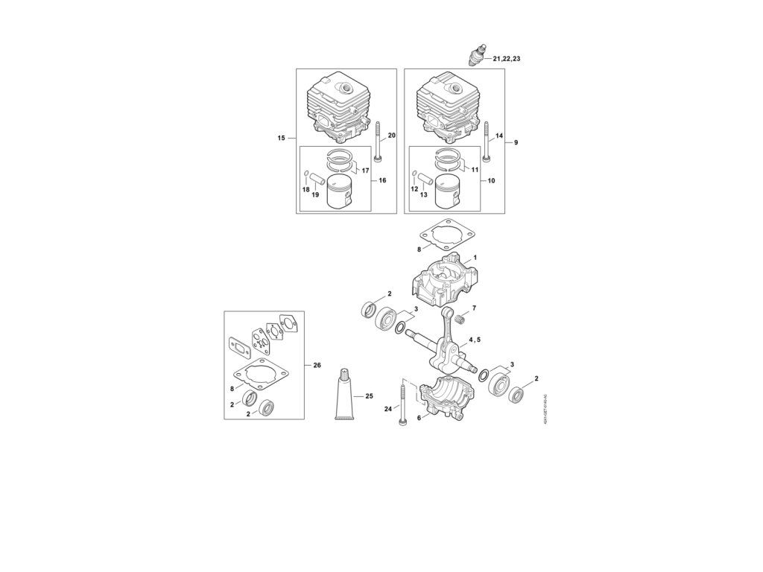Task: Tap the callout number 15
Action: tap(281, 138)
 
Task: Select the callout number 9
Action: tap(516, 142)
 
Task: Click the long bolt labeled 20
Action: tap(380, 143)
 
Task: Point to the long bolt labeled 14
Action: tap(487, 143)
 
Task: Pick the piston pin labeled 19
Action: tap(316, 180)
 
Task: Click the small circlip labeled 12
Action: tap(414, 177)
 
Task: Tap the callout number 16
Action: tap(382, 180)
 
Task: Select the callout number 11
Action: tap(475, 170)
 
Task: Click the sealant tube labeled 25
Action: tap(346, 395)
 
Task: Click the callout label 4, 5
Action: tap(474, 340)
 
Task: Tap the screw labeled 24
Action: tap(402, 406)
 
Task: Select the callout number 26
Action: tap(317, 365)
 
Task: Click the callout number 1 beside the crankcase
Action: tap(475, 257)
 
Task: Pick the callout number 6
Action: tap(419, 418)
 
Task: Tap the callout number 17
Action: tap(366, 171)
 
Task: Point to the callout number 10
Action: tap(491, 180)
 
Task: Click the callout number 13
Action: tap(423, 194)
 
